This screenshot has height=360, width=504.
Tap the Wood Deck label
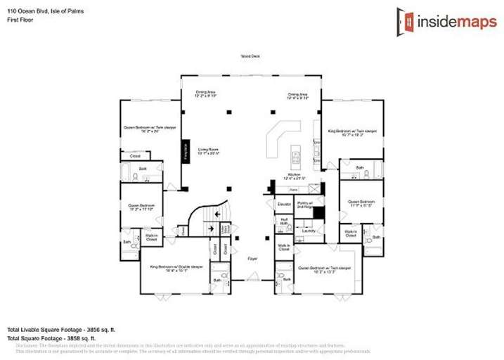[250, 56]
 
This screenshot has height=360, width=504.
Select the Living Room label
[207, 151]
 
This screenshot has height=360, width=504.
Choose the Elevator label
[284, 204]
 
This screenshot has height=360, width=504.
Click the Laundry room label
[309, 230]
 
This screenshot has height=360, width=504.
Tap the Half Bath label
[284, 222]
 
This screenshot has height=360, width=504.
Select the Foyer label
[252, 259]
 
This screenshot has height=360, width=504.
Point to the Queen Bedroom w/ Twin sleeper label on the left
[150, 129]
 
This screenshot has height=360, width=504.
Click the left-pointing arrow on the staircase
[219, 215]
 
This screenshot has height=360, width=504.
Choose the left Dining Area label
[207, 94]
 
